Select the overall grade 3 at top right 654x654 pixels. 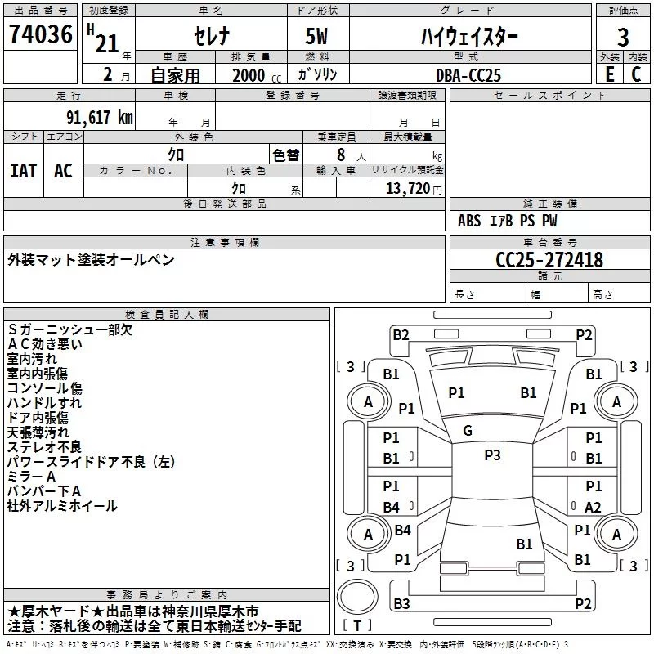tap(623, 38)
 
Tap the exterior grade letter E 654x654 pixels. tap(609, 74)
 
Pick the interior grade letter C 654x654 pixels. tap(636, 74)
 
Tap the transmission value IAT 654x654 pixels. tap(23, 170)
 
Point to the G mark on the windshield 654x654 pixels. tap(468, 431)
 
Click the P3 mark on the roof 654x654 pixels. tap(492, 455)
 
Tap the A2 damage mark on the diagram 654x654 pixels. tap(594, 507)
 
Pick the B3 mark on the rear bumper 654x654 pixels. tap(401, 604)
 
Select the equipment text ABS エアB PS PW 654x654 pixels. tap(506, 221)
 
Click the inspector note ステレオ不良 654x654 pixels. tap(44, 446)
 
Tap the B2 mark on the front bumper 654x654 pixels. tap(401, 334)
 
